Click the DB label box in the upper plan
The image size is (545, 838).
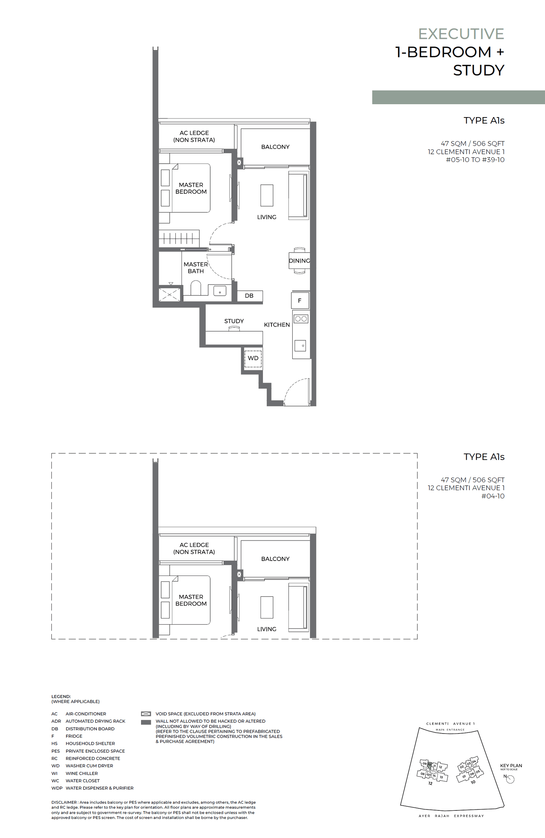pyautogui.click(x=249, y=296)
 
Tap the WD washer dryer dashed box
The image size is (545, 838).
pyautogui.click(x=253, y=358)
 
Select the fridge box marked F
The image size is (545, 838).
pyautogui.click(x=300, y=301)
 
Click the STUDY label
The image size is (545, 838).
pyautogui.click(x=234, y=321)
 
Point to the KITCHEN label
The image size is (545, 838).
pyautogui.click(x=277, y=325)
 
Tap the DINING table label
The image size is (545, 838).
pyautogui.click(x=299, y=261)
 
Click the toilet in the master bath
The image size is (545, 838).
pyautogui.click(x=196, y=288)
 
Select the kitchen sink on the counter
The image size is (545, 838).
pyautogui.click(x=300, y=345)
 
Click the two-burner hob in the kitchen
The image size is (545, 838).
pyautogui.click(x=301, y=319)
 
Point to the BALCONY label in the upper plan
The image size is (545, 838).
pyautogui.click(x=275, y=147)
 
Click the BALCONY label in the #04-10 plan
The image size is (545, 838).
pyautogui.click(x=275, y=559)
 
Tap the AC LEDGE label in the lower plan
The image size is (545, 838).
pyautogui.click(x=194, y=548)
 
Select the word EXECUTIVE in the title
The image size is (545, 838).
pyautogui.click(x=461, y=34)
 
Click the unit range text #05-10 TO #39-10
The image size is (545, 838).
pyautogui.click(x=475, y=160)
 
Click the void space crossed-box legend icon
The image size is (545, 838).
pyautogui.click(x=146, y=714)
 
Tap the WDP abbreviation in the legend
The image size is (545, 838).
pyautogui.click(x=57, y=788)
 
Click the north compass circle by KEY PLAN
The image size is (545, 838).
pyautogui.click(x=511, y=779)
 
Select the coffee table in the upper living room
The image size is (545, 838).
pyautogui.click(x=267, y=195)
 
